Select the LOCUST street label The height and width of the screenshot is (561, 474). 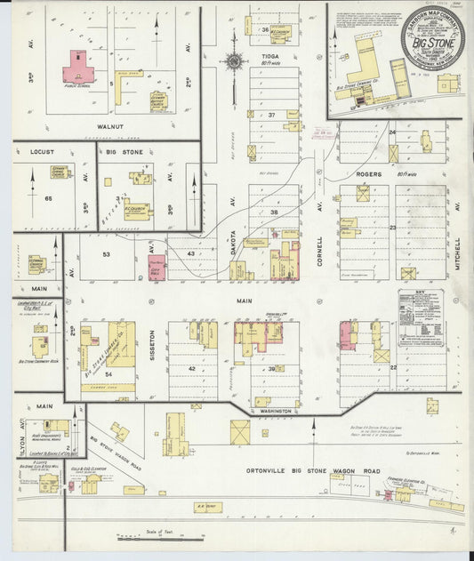click(43, 152)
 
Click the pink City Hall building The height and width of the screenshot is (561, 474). click(157, 267)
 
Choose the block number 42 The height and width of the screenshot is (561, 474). click(189, 367)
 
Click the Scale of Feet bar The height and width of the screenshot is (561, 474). click(161, 537)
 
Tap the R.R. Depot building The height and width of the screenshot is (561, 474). click(206, 507)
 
